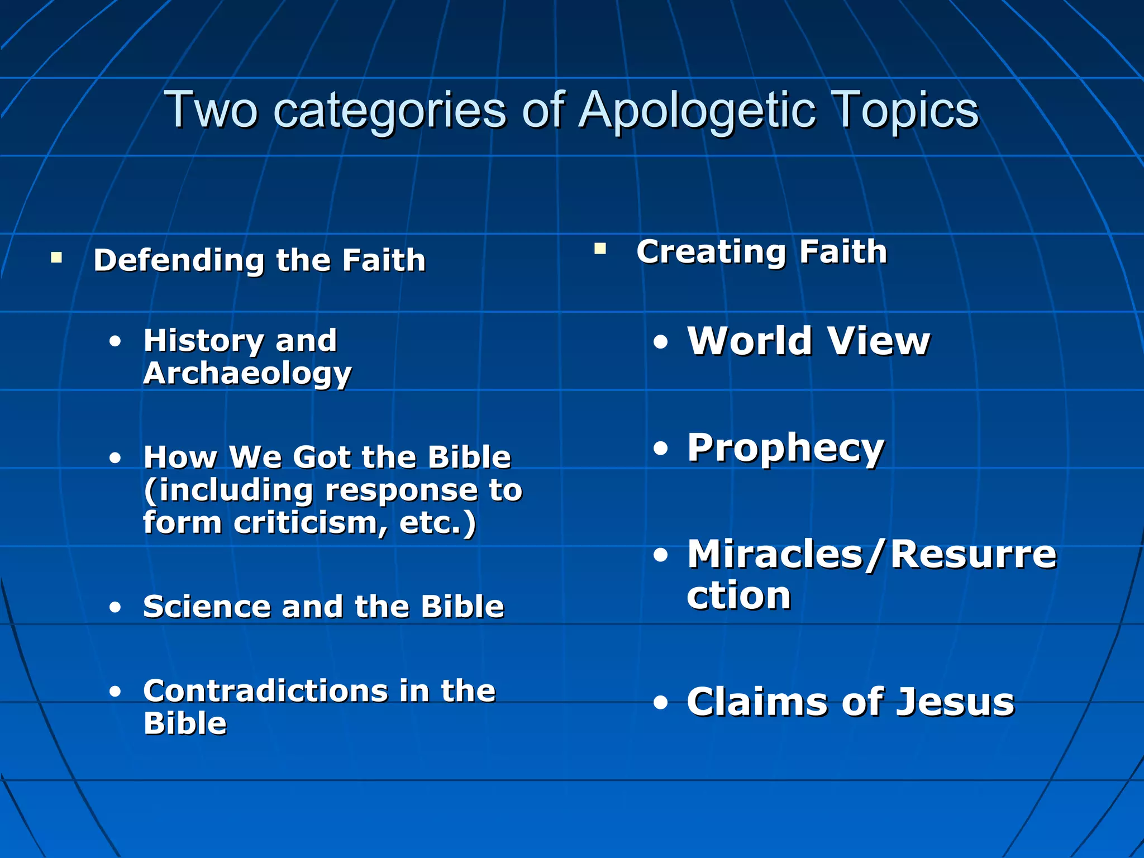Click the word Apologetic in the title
[695, 110]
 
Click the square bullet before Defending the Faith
[56, 258]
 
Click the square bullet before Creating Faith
[600, 249]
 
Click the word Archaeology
[247, 373]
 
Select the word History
[203, 340]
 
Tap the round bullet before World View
[661, 342]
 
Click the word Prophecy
[786, 448]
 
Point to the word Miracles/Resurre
[871, 555]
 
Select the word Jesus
[955, 702]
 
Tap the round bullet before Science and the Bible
[115, 607]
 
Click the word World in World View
[750, 341]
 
